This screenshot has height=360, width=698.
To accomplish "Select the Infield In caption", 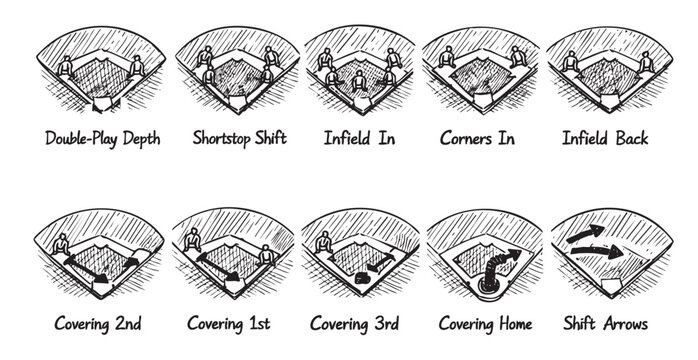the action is click(357, 138).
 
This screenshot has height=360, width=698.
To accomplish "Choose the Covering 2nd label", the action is click(97, 323).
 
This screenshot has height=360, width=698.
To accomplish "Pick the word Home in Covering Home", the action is click(514, 323).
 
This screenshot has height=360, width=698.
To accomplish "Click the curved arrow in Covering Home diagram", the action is click(495, 266).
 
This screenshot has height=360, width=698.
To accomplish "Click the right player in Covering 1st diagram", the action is click(266, 256).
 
